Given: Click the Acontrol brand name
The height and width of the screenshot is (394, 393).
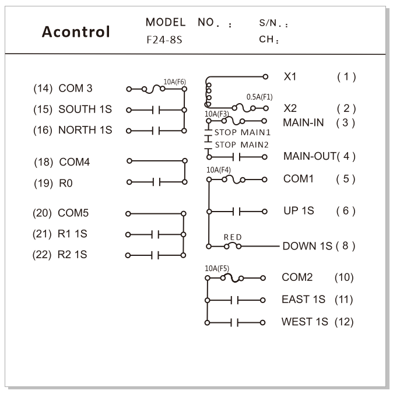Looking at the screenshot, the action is pos(76,31).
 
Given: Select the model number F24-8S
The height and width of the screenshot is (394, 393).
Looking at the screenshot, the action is pos(164,40).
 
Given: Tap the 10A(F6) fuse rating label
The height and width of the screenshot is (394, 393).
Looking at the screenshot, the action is pos(175,82).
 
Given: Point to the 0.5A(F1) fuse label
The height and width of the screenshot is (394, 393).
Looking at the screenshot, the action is pos(259,97).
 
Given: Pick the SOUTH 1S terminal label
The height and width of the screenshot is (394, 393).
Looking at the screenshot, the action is pos(85,110).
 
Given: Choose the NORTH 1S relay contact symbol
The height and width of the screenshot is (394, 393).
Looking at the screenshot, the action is pos(156,131).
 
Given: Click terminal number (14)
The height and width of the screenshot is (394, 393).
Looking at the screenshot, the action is pos(43,89).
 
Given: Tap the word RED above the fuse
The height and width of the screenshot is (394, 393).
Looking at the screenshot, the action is pos(233,237).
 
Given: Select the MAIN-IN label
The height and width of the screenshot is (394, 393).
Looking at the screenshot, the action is pos(303,122).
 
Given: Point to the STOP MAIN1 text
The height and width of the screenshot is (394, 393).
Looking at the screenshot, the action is pos(243,132).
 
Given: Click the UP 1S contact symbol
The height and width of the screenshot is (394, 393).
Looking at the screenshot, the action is pos(237,212).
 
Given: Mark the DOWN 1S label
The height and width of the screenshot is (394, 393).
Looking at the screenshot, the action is pos(307,246).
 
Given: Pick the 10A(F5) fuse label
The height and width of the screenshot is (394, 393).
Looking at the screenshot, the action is pos(217,268).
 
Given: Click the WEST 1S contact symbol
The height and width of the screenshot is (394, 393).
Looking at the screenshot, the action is pos(234,323).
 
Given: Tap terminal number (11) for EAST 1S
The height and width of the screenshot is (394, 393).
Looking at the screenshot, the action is pos(343,300).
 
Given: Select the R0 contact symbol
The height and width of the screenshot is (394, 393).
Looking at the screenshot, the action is pos(157,182).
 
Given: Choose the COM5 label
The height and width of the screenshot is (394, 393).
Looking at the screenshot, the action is pos(73,213).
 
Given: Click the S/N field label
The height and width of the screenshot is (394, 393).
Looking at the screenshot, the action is pos(273,23).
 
